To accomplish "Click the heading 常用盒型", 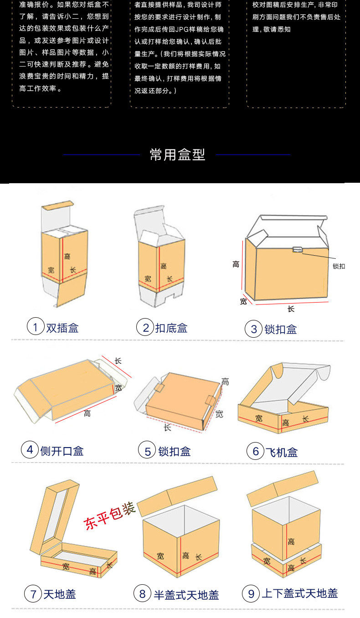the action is [x=177, y=154].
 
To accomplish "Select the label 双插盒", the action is [x=62, y=328].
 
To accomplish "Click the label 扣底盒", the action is [x=171, y=328].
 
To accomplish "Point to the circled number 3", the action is [x=253, y=329].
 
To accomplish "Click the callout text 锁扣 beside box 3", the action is [x=339, y=266].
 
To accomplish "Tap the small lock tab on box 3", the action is [x=298, y=249].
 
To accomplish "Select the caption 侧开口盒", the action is [x=62, y=451].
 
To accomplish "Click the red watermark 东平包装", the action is [x=109, y=515].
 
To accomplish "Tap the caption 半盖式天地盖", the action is [x=186, y=595].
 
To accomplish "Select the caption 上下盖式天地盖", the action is [x=300, y=593].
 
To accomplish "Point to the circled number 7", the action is [x=33, y=593].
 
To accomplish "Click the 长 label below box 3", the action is [x=291, y=309].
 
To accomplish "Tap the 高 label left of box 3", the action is [x=236, y=264].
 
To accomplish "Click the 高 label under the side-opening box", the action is [x=87, y=413].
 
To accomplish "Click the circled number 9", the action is [x=251, y=593].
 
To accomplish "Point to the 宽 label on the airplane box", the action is [x=259, y=418].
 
